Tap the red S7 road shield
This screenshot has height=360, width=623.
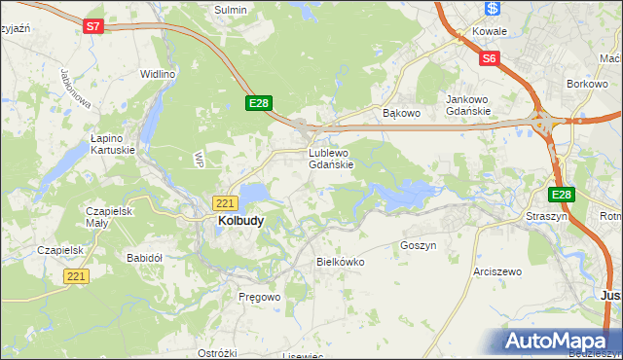coord(92,27)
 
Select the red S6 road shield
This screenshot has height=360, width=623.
coord(490,59)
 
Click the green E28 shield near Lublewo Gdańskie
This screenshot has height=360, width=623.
coord(258,103)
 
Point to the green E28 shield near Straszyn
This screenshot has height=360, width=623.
coord(562,195)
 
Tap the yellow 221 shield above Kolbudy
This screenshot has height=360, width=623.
coord(225,202)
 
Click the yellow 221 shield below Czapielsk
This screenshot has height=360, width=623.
coord(78,276)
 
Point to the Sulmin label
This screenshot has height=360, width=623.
coord(231,10)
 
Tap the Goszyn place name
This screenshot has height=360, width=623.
coord(419,246)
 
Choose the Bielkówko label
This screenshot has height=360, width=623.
coord(341,262)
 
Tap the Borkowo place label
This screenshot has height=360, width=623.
coord(587,86)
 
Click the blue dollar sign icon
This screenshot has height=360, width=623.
coord(493,8)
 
